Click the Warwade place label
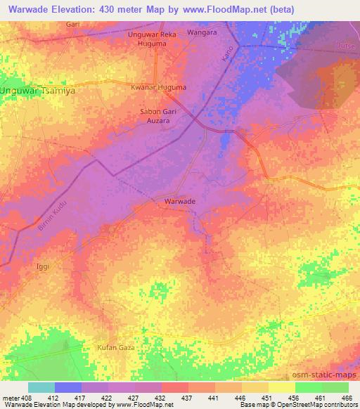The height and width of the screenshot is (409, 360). click(x=179, y=201)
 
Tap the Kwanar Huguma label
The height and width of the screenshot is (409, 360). click(x=158, y=87)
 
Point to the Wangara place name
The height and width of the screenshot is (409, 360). click(x=202, y=33)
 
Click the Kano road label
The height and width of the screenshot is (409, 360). click(x=226, y=67)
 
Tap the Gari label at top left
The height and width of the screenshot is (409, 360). click(x=72, y=24)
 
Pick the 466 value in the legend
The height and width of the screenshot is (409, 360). click(x=346, y=397)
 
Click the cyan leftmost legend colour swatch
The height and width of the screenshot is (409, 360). click(x=41, y=387)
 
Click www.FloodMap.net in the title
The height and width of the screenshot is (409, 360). click(x=225, y=9)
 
